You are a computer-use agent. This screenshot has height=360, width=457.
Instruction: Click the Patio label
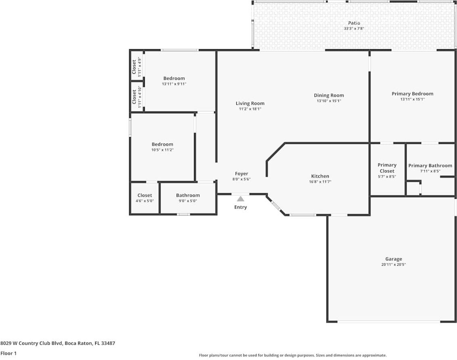[354, 23]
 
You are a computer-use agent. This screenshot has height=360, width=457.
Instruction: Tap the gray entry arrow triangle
[240, 198]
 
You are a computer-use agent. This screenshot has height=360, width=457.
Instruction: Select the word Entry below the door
[240, 207]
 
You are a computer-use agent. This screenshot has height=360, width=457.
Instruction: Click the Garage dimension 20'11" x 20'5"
[393, 264]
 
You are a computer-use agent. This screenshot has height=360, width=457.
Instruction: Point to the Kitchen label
[320, 176]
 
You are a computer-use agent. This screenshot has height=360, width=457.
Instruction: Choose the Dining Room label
[329, 96]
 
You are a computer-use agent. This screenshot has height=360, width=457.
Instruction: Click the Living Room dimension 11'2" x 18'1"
[250, 109]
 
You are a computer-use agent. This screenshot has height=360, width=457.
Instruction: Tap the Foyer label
[242, 174]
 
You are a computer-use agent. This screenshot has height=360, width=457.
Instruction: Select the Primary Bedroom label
[412, 94]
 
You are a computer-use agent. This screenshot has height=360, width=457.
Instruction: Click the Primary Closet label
[387, 168]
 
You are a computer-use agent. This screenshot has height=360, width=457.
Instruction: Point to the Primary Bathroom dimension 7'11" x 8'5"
[430, 171]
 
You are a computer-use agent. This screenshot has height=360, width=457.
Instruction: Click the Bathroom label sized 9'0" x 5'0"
[188, 195]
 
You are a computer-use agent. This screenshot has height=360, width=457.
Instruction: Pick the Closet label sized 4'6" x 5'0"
[144, 195]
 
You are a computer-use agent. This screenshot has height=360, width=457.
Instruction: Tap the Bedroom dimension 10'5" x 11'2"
[162, 150]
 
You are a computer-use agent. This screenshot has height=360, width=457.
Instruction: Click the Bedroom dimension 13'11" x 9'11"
[174, 84]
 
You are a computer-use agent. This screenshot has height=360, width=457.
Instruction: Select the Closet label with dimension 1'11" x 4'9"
[134, 67]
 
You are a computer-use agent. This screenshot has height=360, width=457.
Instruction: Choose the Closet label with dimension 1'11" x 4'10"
[134, 97]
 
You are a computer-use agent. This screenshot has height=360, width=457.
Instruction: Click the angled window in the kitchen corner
[276, 206]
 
